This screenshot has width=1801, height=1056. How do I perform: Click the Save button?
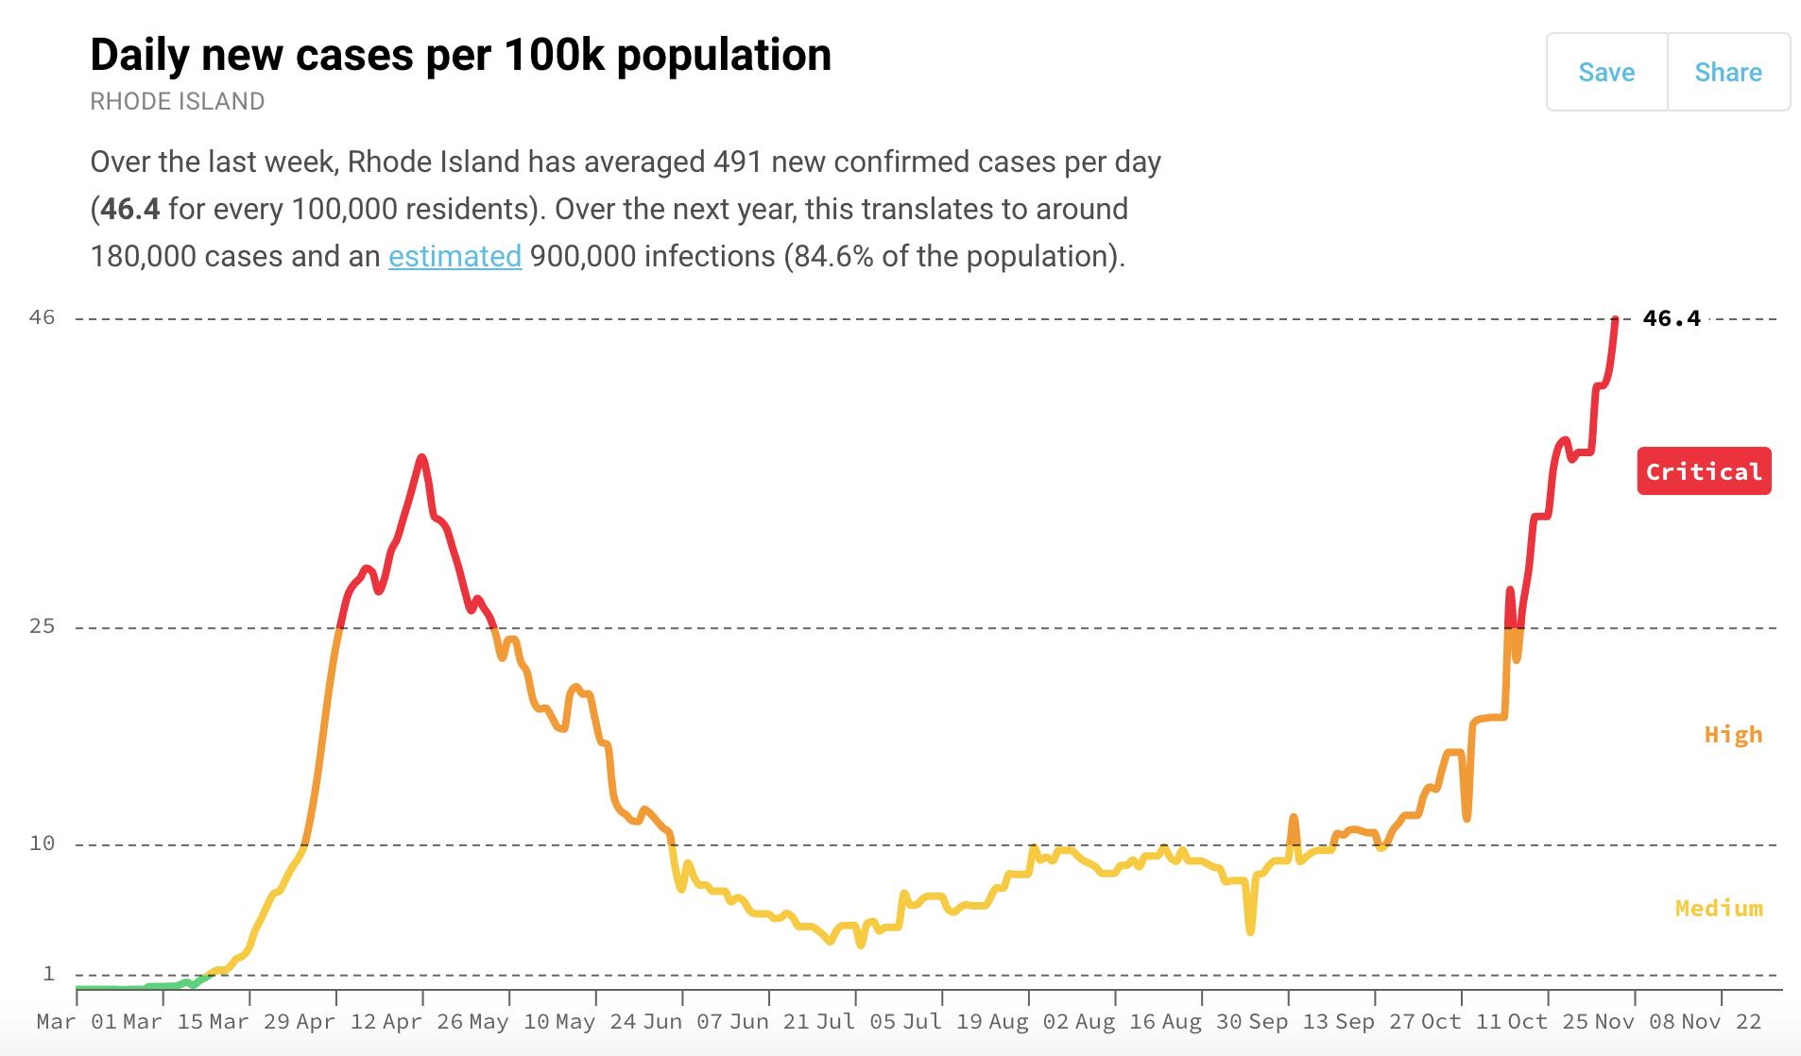coord(1606,73)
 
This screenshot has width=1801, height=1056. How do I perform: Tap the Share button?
coord(1728,73)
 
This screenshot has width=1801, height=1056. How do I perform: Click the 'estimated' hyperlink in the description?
coord(455,256)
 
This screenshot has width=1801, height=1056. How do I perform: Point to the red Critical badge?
coord(1704,471)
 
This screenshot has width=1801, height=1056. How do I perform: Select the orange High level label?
coord(1733,735)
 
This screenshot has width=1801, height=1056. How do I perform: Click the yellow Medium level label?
coord(1719,909)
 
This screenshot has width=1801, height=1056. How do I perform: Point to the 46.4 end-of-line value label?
coord(1671,318)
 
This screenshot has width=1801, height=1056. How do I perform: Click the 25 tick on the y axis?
coord(43,626)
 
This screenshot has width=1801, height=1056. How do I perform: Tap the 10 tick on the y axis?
coord(43,843)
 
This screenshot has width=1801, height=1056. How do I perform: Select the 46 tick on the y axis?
coord(43,317)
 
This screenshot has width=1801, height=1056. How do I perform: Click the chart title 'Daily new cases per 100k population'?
coord(460,55)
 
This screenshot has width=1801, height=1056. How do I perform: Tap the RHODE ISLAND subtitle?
coord(177,101)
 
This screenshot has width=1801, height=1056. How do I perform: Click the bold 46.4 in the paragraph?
coord(130,209)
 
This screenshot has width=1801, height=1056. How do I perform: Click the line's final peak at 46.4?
coord(1616,320)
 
